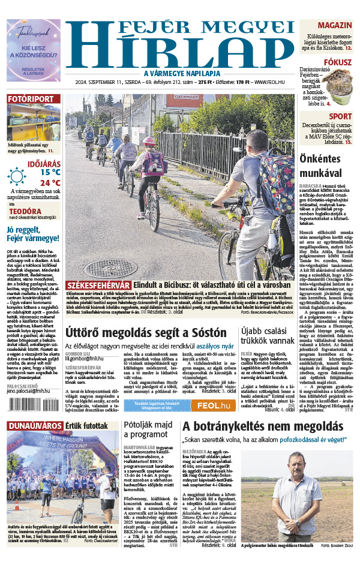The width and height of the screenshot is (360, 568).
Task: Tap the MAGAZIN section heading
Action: pos(334,25)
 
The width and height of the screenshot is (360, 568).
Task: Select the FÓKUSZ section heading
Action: pos(337,62)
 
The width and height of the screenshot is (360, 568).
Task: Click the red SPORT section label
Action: pos(340,116)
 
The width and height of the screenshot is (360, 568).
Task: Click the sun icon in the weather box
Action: pos(16,176)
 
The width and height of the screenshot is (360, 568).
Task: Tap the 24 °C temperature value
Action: pos(50,182)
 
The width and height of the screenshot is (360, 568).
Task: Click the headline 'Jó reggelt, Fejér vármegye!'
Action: pos(31,234)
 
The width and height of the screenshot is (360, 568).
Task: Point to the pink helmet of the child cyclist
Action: pos(149,141)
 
